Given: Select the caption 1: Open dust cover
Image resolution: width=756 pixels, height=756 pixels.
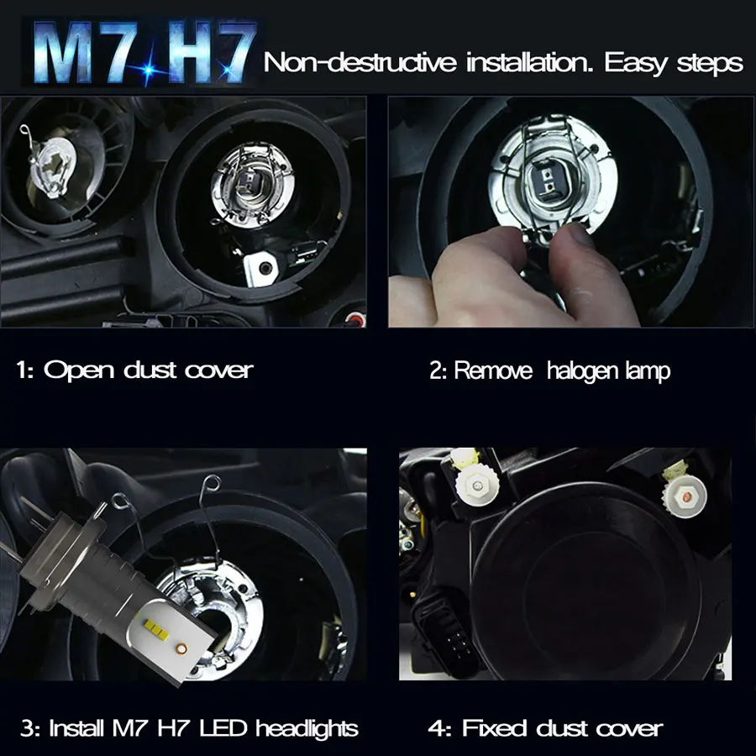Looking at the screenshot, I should (x=134, y=370).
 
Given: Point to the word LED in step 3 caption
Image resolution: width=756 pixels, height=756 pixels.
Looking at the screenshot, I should (x=232, y=728).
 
